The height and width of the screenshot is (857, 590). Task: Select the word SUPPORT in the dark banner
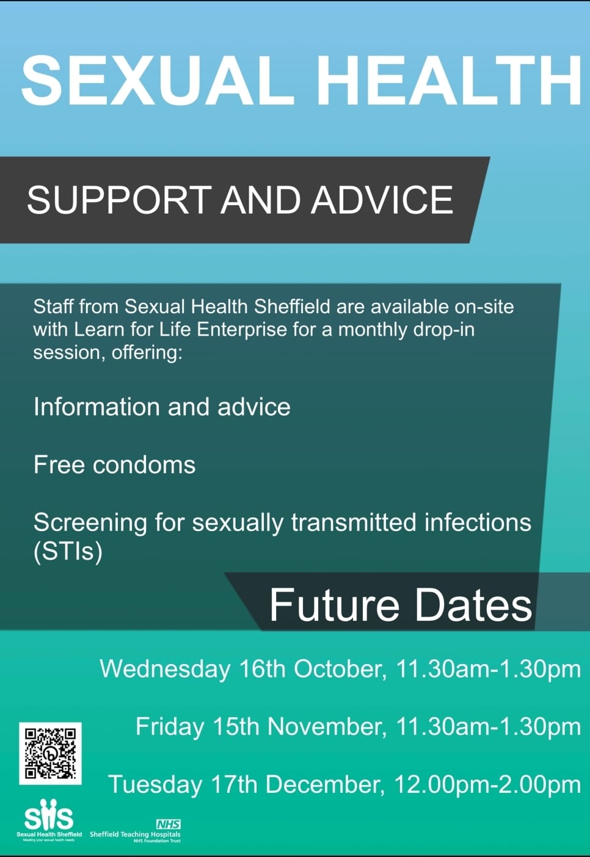pos(119,200)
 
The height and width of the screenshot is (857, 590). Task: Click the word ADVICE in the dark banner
pos(382,200)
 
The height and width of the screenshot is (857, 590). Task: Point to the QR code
pos(50,753)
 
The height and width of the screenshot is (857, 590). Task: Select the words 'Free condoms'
pos(114,465)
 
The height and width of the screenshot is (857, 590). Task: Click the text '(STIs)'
pos(68,551)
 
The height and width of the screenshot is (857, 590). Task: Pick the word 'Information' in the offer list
pos(96,407)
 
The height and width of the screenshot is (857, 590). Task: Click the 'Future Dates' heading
pos(401,606)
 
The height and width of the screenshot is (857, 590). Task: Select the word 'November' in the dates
pos(324,726)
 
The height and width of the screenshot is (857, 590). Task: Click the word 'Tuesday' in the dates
pos(156,785)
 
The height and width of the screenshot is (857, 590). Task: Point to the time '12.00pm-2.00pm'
pos(487,785)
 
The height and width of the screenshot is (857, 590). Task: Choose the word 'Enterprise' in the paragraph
pos(242,330)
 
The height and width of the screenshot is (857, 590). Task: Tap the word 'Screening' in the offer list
pos(90,523)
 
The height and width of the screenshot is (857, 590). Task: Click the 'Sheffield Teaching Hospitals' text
pos(135,834)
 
